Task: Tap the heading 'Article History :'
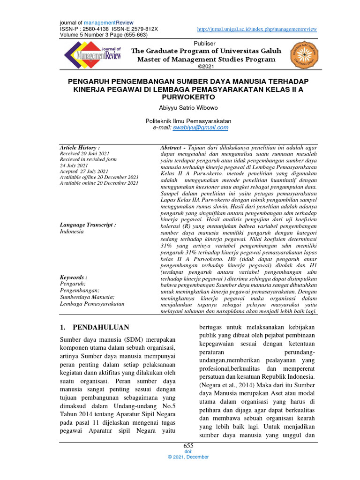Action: (80, 147)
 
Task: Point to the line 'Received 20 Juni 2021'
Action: (84, 154)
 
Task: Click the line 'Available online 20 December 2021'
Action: (99, 183)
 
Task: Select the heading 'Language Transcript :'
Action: (88, 225)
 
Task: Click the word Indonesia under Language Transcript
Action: (72, 232)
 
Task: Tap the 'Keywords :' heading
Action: (74, 277)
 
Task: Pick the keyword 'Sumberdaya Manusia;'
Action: (87, 297)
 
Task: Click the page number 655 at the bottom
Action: (188, 446)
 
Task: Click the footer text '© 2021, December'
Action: (188, 457)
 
